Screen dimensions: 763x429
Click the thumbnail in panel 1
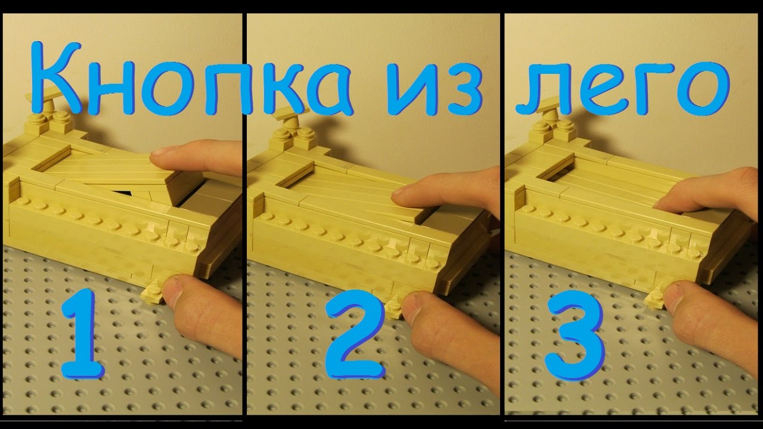(173, 291)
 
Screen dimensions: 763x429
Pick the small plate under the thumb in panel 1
(153, 292)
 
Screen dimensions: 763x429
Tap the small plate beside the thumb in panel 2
(395, 306)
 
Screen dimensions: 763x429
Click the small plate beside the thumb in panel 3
(655, 296)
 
